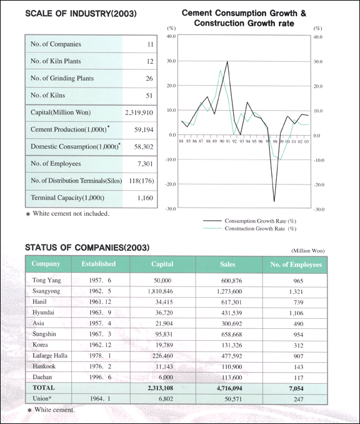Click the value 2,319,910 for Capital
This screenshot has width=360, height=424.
pos(139,113)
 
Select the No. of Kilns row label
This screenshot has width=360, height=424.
pos(48,95)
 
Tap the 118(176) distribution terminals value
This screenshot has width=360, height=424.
pos(141,181)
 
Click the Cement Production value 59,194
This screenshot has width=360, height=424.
pos(144,130)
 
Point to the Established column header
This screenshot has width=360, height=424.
pos(99,264)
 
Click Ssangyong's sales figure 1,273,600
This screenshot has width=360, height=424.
pos(229,291)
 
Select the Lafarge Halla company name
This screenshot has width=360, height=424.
pos(50,356)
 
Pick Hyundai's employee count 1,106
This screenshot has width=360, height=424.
pos(296,313)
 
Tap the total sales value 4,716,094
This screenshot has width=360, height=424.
pos(229,388)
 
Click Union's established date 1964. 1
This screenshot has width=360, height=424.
pos(100,398)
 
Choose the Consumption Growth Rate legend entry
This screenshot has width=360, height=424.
pos(249,221)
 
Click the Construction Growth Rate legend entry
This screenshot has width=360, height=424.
pos(249,228)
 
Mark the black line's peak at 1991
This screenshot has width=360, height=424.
pos(227,61)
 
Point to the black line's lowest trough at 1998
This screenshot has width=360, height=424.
pos(274,201)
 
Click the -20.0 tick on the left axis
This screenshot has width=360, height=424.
pos(170,184)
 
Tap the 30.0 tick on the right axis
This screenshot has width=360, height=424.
pos(318,62)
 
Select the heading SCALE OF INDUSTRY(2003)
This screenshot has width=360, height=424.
pos(81,14)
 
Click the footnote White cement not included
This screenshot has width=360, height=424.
pos(67,214)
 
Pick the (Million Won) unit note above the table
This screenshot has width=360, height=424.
pos(308,251)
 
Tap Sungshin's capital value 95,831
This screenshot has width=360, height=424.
pos(164,335)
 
